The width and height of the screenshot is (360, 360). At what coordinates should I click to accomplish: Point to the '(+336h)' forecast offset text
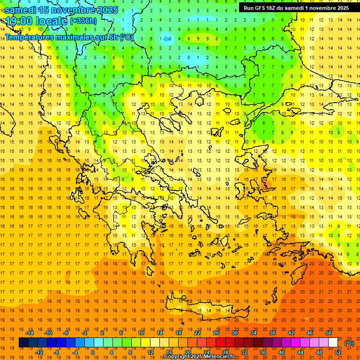pyautogui.click(x=83, y=21)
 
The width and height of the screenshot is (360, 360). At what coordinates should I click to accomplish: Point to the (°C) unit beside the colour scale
pyautogui.click(x=349, y=343)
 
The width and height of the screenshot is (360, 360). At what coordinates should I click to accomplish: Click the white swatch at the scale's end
pyautogui.click(x=333, y=343)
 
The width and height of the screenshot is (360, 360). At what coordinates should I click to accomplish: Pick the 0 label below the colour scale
pyautogui.click(x=93, y=352)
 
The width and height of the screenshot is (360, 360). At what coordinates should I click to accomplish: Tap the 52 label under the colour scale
pyautogui.click(x=338, y=352)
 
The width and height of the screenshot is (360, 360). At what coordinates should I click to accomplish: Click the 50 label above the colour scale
pyautogui.click(x=328, y=333)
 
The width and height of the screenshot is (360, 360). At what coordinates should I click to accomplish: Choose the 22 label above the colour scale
pyautogui.click(x=197, y=333)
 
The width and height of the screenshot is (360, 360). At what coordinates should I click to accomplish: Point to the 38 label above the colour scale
pyautogui.click(x=272, y=333)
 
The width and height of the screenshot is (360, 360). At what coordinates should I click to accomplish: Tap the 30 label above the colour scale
pyautogui.click(x=234, y=333)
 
